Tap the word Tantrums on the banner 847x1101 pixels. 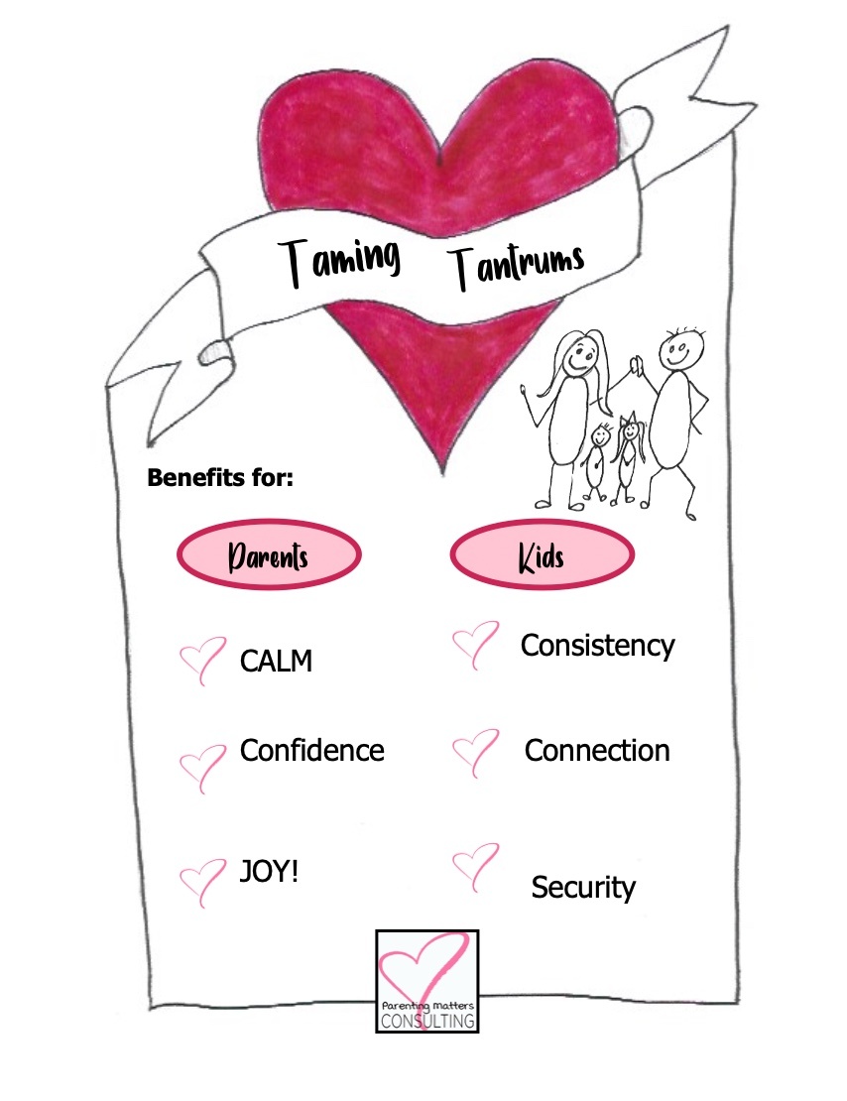[515, 264]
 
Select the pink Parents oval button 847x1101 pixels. [269, 554]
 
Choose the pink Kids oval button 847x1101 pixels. [542, 554]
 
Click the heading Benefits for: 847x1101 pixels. [220, 478]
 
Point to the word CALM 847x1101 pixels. [276, 661]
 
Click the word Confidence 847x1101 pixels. [311, 751]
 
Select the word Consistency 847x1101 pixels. [597, 646]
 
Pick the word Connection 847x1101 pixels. [597, 751]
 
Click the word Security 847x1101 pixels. [582, 887]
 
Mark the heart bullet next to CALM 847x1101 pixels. [202, 661]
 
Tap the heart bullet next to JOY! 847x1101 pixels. [202, 881]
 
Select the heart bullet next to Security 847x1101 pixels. [475, 864]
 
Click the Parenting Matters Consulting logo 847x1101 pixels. [427, 980]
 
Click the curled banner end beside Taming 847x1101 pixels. [214, 350]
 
